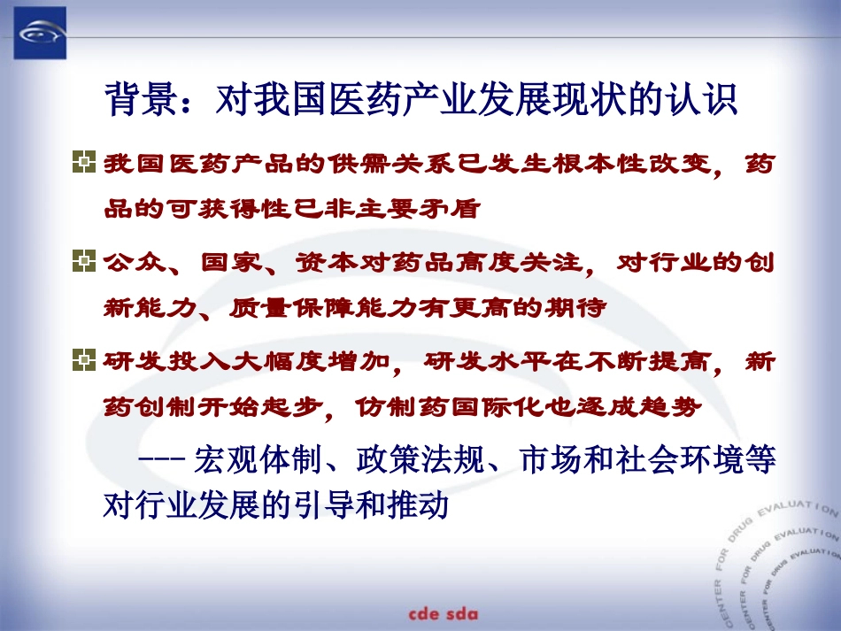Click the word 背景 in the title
coord(132,100)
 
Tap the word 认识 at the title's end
coord(710,100)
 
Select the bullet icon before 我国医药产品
coord(81,163)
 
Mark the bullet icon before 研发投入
coord(81,360)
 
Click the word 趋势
coord(673,407)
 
